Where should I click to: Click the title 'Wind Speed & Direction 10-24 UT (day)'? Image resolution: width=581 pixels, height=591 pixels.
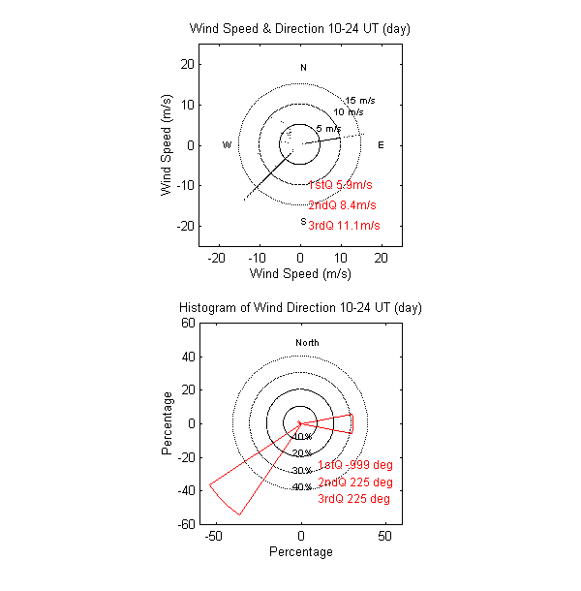[300, 29]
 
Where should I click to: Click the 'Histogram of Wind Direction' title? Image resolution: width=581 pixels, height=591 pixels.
[300, 308]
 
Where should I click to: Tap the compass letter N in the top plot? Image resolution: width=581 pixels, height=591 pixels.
[303, 68]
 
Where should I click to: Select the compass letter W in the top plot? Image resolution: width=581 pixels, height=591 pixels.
[227, 145]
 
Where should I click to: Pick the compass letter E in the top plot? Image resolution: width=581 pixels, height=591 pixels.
[381, 145]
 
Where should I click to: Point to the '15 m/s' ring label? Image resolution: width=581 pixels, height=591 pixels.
[359, 101]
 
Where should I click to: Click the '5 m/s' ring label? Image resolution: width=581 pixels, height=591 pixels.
[328, 129]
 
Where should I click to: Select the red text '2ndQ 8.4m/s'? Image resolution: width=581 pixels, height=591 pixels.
[342, 205]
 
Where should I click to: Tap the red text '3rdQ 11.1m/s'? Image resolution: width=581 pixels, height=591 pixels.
[344, 226]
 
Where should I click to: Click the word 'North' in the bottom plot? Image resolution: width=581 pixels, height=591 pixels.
[307, 343]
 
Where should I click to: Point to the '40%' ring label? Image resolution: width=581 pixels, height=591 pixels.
[301, 487]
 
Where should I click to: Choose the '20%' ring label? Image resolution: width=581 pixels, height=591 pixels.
[301, 453]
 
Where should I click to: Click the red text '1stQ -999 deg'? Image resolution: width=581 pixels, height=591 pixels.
[355, 465]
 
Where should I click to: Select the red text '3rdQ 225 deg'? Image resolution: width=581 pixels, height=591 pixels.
[353, 499]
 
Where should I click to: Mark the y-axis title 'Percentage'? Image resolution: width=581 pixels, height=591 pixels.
[168, 423]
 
